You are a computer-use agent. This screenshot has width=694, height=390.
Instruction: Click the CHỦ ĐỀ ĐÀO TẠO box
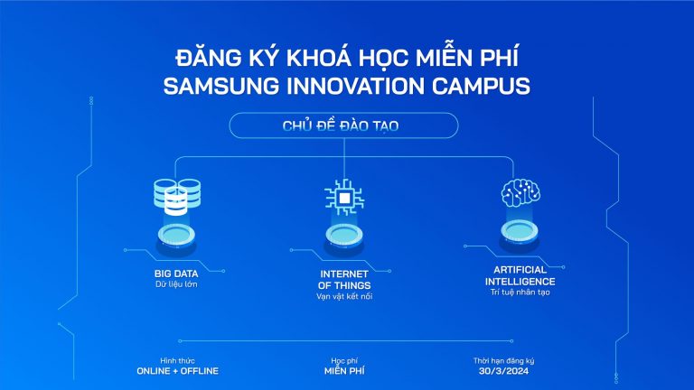[346, 125]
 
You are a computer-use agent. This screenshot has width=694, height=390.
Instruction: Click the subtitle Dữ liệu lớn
[176, 284]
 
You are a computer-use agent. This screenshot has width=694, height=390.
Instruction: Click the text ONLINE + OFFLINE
[177, 371]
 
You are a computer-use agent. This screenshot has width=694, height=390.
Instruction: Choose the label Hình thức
[177, 359]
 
